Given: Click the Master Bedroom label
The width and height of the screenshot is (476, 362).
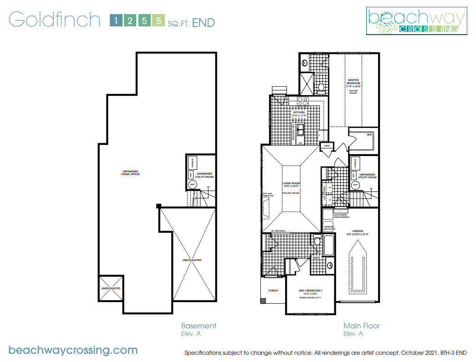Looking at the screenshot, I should pos(353,82).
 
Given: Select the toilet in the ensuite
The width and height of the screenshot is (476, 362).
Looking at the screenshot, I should pos(321,87).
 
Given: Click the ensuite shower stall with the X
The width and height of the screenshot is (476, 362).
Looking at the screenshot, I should pos(306,83).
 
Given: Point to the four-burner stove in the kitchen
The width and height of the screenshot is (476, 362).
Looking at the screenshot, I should pos(303,101).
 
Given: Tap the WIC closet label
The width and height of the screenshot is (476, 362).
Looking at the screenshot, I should pos(369,135).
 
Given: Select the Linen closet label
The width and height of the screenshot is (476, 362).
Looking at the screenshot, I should pos(327,146).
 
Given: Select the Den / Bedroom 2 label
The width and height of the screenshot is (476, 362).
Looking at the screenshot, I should pos(311,291).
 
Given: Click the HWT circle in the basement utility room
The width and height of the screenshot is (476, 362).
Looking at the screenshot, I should pos(193,184).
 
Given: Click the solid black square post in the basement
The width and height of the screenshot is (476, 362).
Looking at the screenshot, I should pos(159,206).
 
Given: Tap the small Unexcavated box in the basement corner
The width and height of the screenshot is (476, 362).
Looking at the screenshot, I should pos(111,288).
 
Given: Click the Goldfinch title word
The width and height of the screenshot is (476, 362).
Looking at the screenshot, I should pos(54,20).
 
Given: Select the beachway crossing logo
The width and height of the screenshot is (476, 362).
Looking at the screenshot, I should pos(417,21).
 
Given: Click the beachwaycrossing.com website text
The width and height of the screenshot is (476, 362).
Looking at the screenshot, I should pos(73,350).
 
